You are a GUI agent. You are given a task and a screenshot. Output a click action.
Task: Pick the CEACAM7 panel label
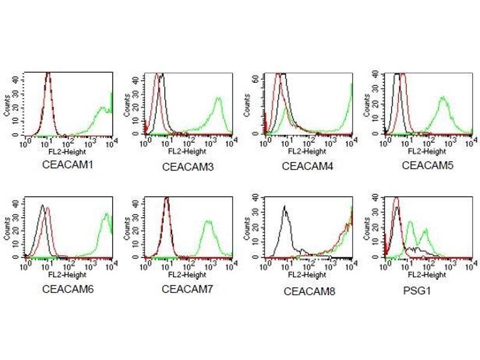tap(185, 289)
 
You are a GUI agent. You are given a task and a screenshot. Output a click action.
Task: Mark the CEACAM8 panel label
tap(309, 292)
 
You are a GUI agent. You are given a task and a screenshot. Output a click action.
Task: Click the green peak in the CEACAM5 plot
tap(443, 97)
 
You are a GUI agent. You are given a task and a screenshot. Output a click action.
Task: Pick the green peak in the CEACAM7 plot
tap(208, 221)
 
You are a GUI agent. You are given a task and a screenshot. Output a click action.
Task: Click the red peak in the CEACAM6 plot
tap(47, 208)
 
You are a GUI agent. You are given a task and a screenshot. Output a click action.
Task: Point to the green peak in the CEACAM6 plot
tap(106, 214)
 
